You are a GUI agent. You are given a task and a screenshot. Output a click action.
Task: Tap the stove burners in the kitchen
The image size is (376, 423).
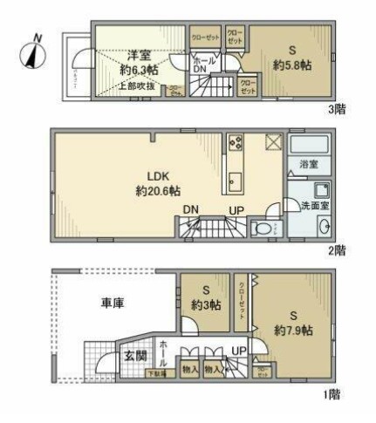tap(235, 143)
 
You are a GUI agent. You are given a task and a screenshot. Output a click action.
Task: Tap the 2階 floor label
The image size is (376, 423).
tap(337, 249)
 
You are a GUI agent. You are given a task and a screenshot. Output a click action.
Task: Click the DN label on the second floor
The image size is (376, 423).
tap(190, 208)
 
